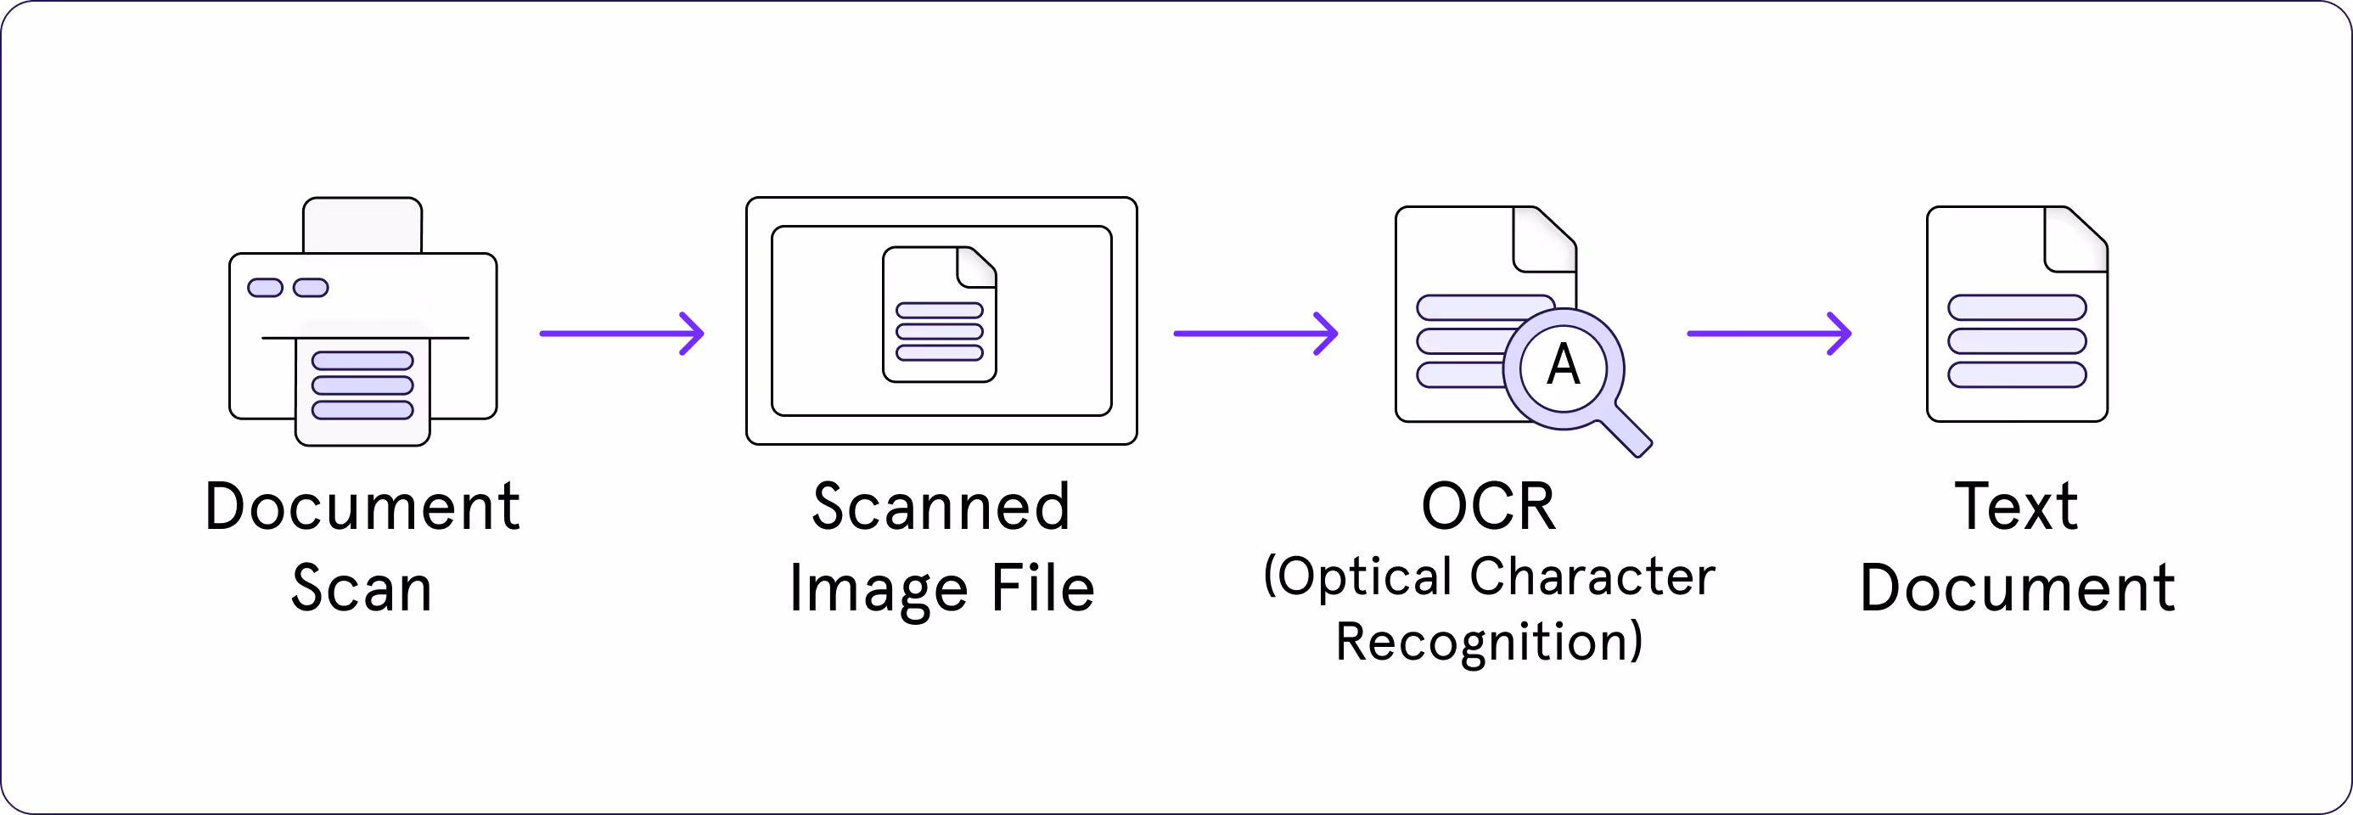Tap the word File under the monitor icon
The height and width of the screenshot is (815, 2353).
(x=1042, y=588)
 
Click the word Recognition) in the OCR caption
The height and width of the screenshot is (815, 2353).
(x=1489, y=642)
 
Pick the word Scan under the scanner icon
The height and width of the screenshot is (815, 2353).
(x=362, y=588)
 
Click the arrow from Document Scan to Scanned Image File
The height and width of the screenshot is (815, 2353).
(x=621, y=334)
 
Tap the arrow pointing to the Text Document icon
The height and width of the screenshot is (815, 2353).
(x=1768, y=334)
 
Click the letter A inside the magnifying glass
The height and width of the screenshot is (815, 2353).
(x=1563, y=365)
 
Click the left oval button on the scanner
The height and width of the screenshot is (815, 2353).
(x=265, y=288)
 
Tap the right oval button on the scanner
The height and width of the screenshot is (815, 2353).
(x=311, y=288)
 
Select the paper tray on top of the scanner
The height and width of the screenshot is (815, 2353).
(x=362, y=225)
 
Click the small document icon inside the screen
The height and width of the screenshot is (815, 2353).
(x=939, y=314)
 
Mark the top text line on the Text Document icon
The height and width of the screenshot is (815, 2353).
(x=2017, y=307)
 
